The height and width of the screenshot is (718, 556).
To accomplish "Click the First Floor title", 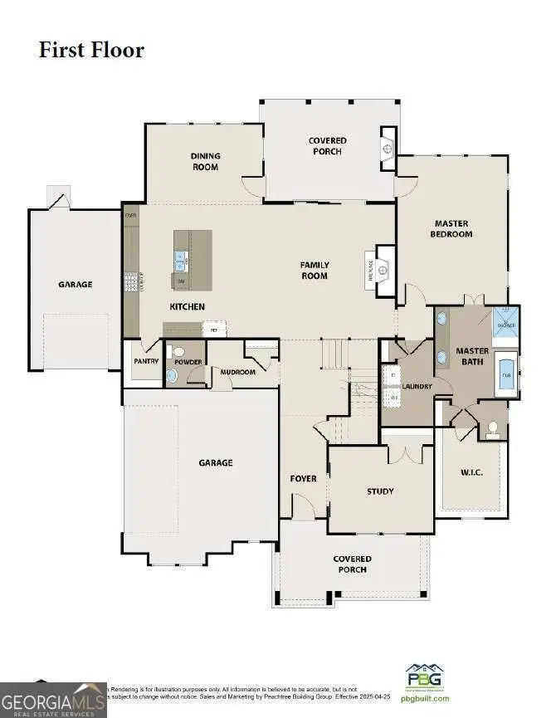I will [91, 50].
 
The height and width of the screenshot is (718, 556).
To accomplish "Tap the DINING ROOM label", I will [204, 162].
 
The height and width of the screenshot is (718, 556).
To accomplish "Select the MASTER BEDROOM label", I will [452, 228].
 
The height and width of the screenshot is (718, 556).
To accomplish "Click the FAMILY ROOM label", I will [315, 271].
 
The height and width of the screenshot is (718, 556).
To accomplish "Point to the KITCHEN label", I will [187, 306].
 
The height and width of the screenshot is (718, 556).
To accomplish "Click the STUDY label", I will [380, 491].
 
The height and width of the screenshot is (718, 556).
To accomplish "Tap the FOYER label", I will [303, 479].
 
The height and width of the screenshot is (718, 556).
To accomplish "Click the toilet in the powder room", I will [173, 375].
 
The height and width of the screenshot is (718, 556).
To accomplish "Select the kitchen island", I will [193, 260].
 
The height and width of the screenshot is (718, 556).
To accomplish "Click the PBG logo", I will [423, 676].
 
